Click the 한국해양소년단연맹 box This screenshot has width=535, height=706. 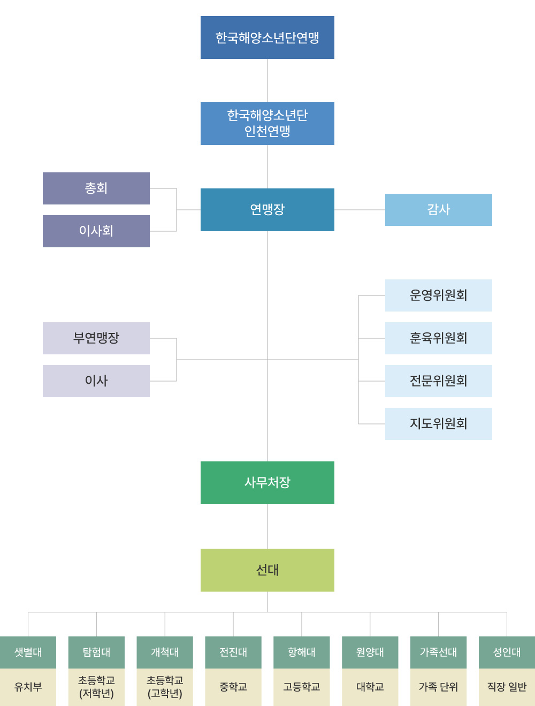267,37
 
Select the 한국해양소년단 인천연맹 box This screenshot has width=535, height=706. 267,124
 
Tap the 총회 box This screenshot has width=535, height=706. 96,188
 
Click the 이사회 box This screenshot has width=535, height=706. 96,231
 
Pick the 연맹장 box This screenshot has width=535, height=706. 267,210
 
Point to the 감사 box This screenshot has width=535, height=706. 439,210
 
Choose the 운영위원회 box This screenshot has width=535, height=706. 439,295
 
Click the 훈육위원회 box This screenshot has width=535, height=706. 439,338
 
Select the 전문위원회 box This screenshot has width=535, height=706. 439,381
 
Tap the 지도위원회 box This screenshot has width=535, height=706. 439,424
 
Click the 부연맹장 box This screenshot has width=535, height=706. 96,338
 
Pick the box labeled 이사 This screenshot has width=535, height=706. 96,381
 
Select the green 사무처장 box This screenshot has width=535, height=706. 267,483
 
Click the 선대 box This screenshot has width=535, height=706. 267,570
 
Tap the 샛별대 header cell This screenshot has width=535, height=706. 28,652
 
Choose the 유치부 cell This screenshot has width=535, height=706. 28,687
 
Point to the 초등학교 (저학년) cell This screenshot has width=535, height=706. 96,687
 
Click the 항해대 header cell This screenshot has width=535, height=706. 302,652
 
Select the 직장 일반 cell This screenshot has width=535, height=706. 507,687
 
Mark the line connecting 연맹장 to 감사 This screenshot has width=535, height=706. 360,210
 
